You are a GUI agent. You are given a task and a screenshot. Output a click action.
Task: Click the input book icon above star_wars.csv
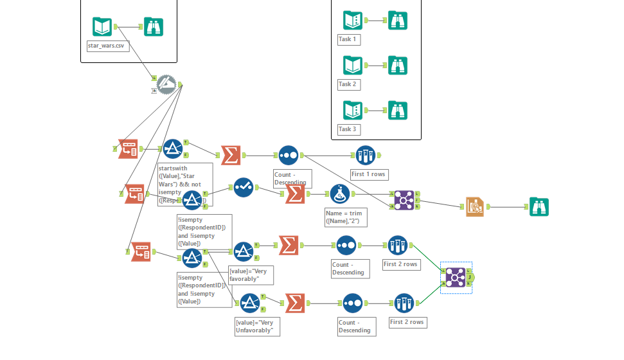click(103, 26)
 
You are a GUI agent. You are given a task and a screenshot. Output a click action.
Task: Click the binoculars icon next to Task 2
click(398, 65)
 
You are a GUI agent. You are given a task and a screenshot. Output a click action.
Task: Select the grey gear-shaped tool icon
click(166, 84)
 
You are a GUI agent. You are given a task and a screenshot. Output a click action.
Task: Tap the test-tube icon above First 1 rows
click(366, 155)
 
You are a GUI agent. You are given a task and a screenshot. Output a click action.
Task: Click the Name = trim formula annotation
click(343, 216)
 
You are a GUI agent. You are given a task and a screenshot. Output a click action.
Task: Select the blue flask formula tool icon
click(339, 194)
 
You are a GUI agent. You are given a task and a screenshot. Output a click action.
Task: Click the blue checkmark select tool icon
click(244, 187)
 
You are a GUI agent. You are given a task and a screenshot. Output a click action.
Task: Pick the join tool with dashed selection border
click(456, 277)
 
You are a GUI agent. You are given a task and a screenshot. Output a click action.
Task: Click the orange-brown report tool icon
click(476, 206)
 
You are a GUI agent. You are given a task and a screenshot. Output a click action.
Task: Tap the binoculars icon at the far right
click(539, 206)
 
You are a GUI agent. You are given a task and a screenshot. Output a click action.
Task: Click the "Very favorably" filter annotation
click(251, 275)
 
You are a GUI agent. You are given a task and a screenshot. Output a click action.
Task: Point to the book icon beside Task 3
click(353, 110)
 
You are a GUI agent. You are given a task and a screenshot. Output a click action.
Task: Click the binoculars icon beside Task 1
click(398, 20)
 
